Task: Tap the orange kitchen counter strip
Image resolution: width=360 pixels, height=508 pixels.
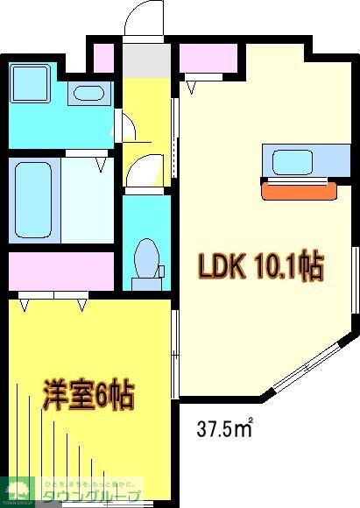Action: point(299,189)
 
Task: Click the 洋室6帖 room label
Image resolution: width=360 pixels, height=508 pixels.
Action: point(88,398)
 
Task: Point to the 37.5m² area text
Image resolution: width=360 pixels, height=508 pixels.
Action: point(224,429)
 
